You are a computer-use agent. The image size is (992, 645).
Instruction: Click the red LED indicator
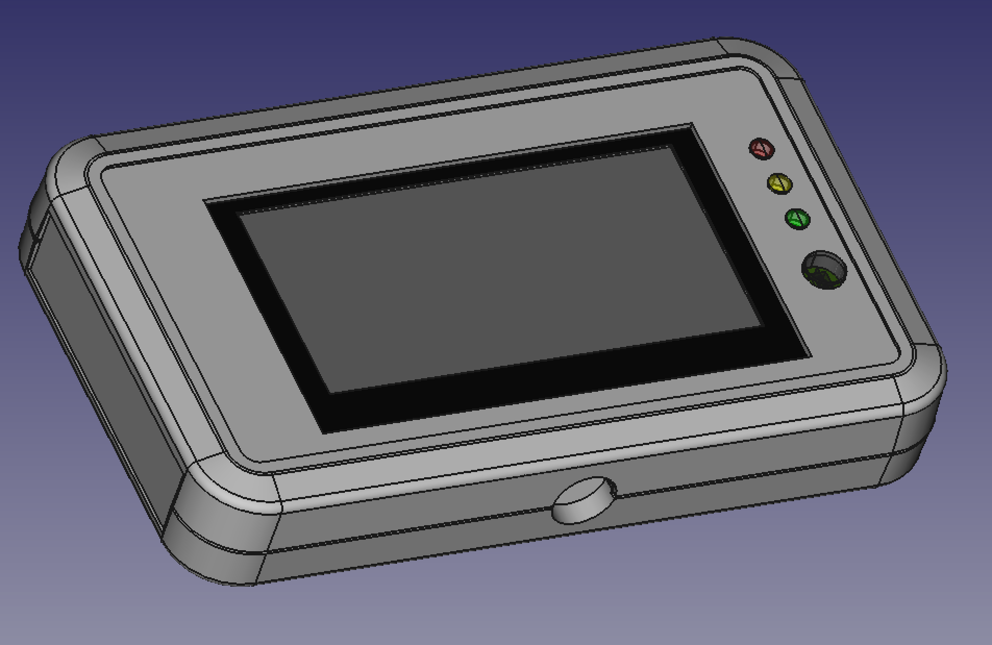761,148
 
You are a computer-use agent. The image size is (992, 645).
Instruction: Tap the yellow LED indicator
779,183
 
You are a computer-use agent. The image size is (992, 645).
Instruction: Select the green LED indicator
797,219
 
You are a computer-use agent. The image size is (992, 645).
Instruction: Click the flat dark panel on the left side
99,365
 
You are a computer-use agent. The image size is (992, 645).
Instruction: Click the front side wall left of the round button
417,526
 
